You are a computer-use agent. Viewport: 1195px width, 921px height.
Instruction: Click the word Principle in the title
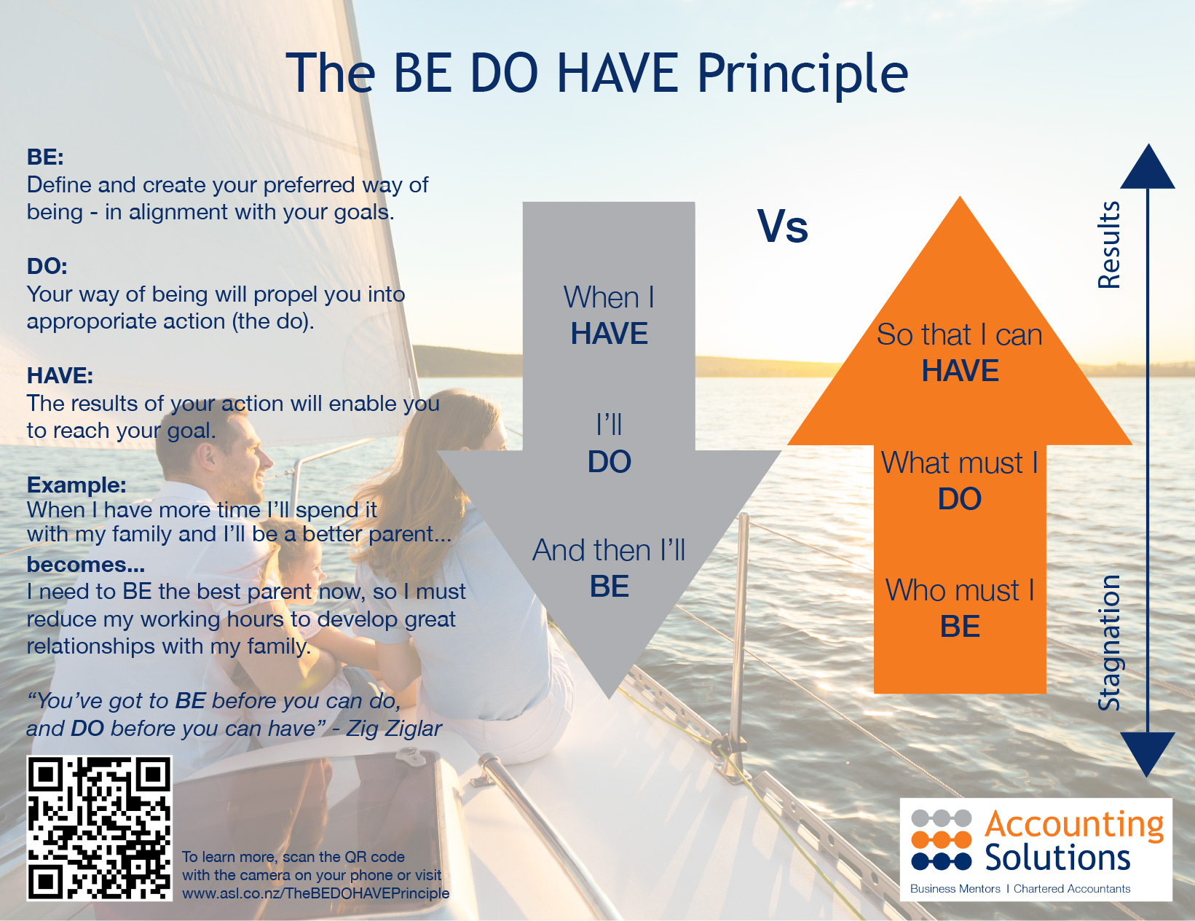point(802,74)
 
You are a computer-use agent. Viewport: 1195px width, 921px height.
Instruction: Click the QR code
point(100,828)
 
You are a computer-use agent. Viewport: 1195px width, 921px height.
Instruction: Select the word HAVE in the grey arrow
point(609,334)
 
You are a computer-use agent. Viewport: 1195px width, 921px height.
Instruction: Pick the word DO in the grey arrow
point(609,462)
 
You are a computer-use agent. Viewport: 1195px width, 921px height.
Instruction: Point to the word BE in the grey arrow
point(609,587)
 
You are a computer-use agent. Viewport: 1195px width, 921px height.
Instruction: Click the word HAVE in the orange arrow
point(960,371)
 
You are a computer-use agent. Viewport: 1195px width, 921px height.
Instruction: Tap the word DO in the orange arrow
point(960,499)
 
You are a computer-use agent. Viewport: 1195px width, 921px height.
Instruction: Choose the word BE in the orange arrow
point(960,627)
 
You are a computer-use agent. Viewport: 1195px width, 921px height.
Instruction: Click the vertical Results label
point(1109,245)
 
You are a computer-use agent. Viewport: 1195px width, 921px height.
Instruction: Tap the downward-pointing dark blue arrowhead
point(1148,752)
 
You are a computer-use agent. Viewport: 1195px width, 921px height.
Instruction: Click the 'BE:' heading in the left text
point(45,157)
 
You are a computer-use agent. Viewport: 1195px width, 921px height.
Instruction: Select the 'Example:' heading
point(76,485)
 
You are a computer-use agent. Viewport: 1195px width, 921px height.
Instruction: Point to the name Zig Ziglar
point(394,728)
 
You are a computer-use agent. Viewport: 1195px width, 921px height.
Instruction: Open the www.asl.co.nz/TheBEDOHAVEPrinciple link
point(315,893)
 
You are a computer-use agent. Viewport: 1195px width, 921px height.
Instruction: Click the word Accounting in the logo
point(1074,825)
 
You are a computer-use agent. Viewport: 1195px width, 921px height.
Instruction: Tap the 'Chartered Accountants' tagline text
point(1072,889)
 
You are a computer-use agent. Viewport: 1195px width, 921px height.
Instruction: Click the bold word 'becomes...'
point(86,565)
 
